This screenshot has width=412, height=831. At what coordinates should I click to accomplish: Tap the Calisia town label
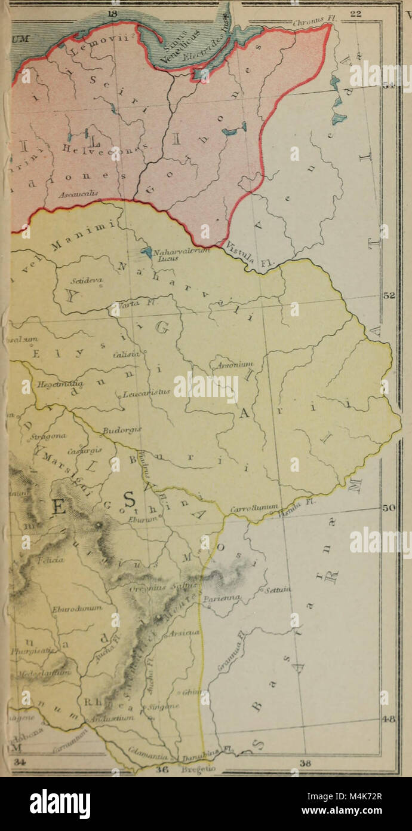click(x=125, y=355)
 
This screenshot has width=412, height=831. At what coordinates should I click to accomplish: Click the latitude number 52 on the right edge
click(x=388, y=296)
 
